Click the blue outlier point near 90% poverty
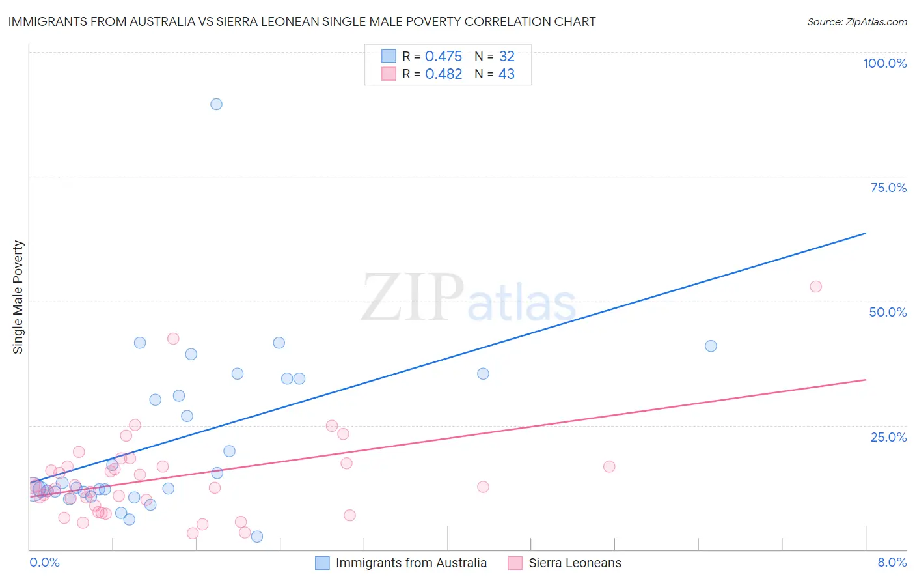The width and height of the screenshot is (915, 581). [x=217, y=104]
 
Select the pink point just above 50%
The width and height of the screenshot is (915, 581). [x=815, y=287]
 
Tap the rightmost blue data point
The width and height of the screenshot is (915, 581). [x=711, y=346]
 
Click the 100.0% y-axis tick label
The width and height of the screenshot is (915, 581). [x=884, y=63]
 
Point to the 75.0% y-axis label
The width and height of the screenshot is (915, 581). [x=888, y=188]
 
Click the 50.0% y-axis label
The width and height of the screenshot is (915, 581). [x=888, y=312]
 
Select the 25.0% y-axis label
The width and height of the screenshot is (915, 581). [x=888, y=437]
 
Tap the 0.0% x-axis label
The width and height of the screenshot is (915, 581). [x=44, y=562]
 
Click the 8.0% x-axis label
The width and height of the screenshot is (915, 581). [x=892, y=562]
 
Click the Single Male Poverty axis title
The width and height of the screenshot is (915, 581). [x=18, y=297]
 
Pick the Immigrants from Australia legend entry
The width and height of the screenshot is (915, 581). [x=411, y=563]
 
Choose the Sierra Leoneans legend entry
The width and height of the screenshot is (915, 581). [x=575, y=563]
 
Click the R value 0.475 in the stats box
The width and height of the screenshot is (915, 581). [x=443, y=57]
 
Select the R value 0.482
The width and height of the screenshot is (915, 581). [x=443, y=74]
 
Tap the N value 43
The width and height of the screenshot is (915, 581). [x=506, y=74]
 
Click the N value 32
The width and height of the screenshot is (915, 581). [x=506, y=57]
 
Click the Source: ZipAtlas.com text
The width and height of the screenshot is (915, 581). [x=856, y=22]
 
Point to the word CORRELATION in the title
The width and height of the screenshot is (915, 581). [x=507, y=21]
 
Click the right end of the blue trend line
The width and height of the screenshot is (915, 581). [x=866, y=233]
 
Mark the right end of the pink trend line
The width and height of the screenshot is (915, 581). [x=866, y=380]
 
